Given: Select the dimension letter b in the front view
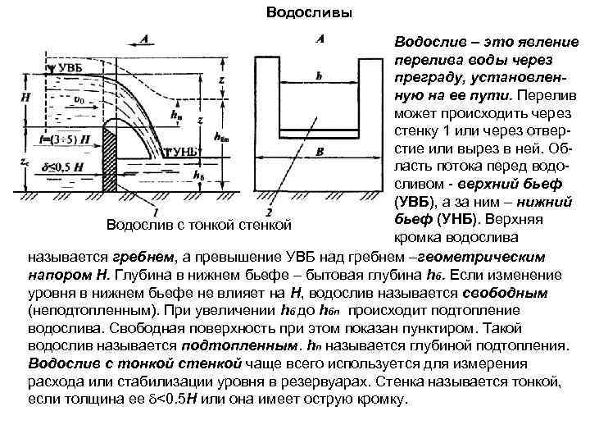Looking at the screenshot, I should click(x=318, y=75).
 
